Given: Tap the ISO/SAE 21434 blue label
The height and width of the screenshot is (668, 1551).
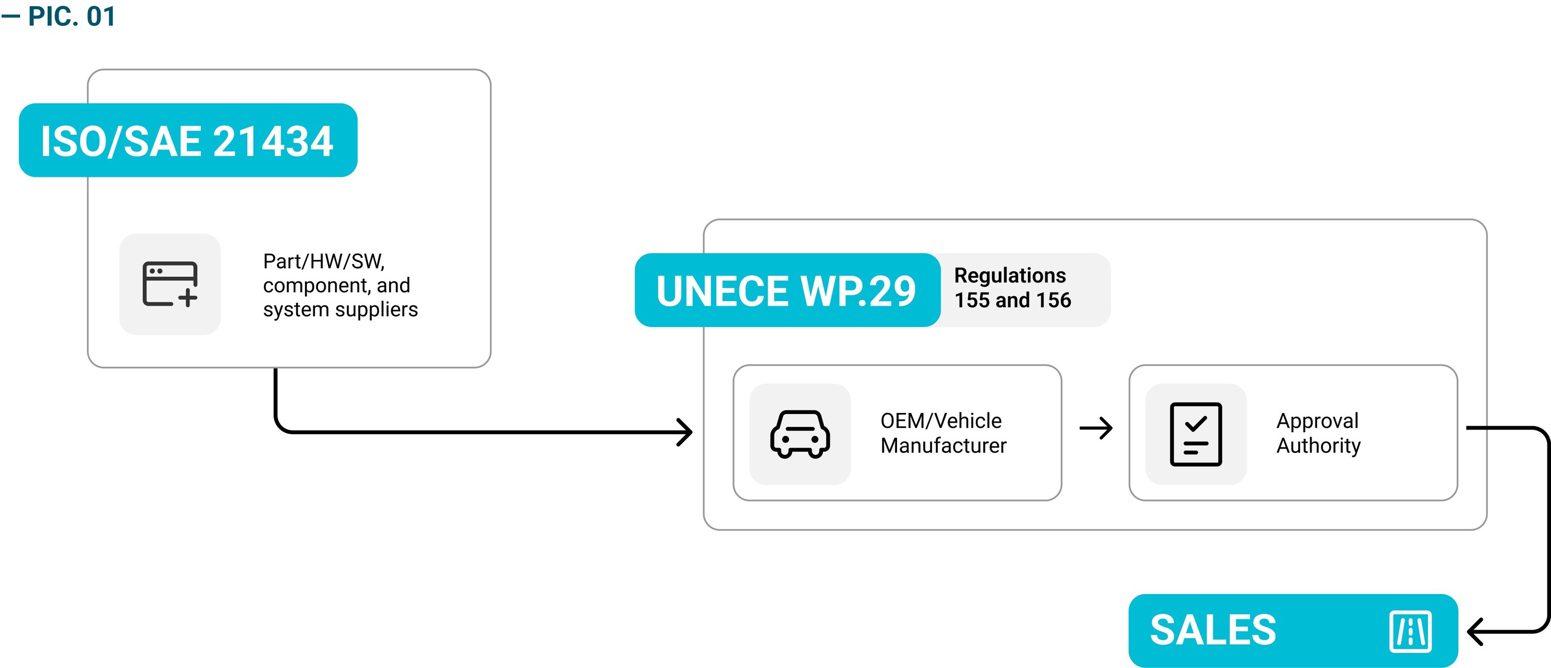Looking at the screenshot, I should pos(188,140).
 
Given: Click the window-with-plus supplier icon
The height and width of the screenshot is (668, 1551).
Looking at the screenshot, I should pos(170,284).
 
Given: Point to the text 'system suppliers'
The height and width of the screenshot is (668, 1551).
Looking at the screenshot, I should pos(340,309).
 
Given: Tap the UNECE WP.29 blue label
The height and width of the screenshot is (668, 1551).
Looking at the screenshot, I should pos(786,291).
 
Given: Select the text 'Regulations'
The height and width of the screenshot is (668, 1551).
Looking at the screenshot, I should pos(1010,275).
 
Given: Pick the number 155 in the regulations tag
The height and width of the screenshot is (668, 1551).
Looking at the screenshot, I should pos(972,300).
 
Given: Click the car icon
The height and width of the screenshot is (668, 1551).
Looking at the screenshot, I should pos(800,434).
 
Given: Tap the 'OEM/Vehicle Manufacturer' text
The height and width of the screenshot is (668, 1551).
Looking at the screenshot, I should pos(943,433).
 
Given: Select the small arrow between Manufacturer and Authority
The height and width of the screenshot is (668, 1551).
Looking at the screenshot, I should pos(1096,428).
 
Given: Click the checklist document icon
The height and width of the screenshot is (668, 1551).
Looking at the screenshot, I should pos(1196,434).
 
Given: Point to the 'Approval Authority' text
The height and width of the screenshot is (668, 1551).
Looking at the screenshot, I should pos(1318,433).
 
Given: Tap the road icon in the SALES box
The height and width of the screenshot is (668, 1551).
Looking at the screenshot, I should pos(1410,631).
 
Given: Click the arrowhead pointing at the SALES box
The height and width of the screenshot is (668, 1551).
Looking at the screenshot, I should pos(1475,631).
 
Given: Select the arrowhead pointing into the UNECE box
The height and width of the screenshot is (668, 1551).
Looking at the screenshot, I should pos(687,432).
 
